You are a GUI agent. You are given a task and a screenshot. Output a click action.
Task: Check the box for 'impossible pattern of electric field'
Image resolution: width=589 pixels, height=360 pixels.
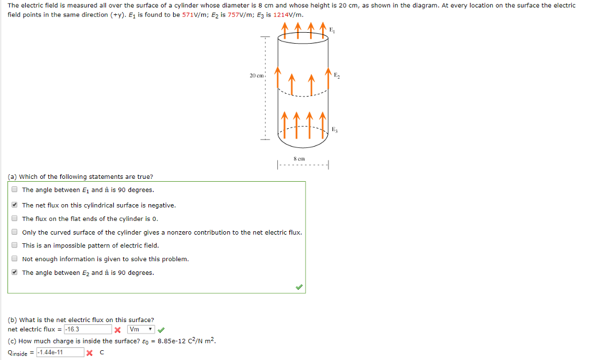tap(14, 246)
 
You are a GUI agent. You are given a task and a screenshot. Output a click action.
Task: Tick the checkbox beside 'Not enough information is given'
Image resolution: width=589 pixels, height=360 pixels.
tap(14, 259)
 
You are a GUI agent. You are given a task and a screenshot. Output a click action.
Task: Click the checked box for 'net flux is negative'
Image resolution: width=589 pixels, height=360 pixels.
tap(14, 205)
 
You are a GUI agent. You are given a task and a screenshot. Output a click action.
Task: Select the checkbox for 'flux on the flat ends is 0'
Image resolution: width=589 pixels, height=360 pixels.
tap(14, 219)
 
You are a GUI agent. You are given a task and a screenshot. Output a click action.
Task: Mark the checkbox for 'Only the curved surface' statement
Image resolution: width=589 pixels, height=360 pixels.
tap(14, 232)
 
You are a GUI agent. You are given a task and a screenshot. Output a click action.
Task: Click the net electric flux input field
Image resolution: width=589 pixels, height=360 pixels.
tap(87, 330)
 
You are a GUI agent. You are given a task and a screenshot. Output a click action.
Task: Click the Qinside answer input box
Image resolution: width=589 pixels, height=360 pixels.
tap(60, 353)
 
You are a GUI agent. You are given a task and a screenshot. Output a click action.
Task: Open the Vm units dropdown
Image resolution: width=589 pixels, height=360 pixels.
tap(141, 330)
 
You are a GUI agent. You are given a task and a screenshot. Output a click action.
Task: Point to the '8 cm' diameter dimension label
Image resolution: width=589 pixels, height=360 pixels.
tap(299, 159)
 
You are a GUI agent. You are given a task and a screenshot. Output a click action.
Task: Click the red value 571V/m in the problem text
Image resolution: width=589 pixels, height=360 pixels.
tap(193, 14)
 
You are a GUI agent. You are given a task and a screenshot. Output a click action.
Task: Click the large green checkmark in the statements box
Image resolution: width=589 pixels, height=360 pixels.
tap(299, 286)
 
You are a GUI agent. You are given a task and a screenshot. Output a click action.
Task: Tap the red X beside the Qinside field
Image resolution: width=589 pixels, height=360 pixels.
tap(90, 353)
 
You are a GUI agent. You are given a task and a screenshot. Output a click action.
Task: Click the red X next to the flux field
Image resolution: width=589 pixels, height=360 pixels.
tap(117, 330)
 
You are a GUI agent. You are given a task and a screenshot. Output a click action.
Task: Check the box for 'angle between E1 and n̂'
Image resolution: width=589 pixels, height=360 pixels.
tap(14, 190)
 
